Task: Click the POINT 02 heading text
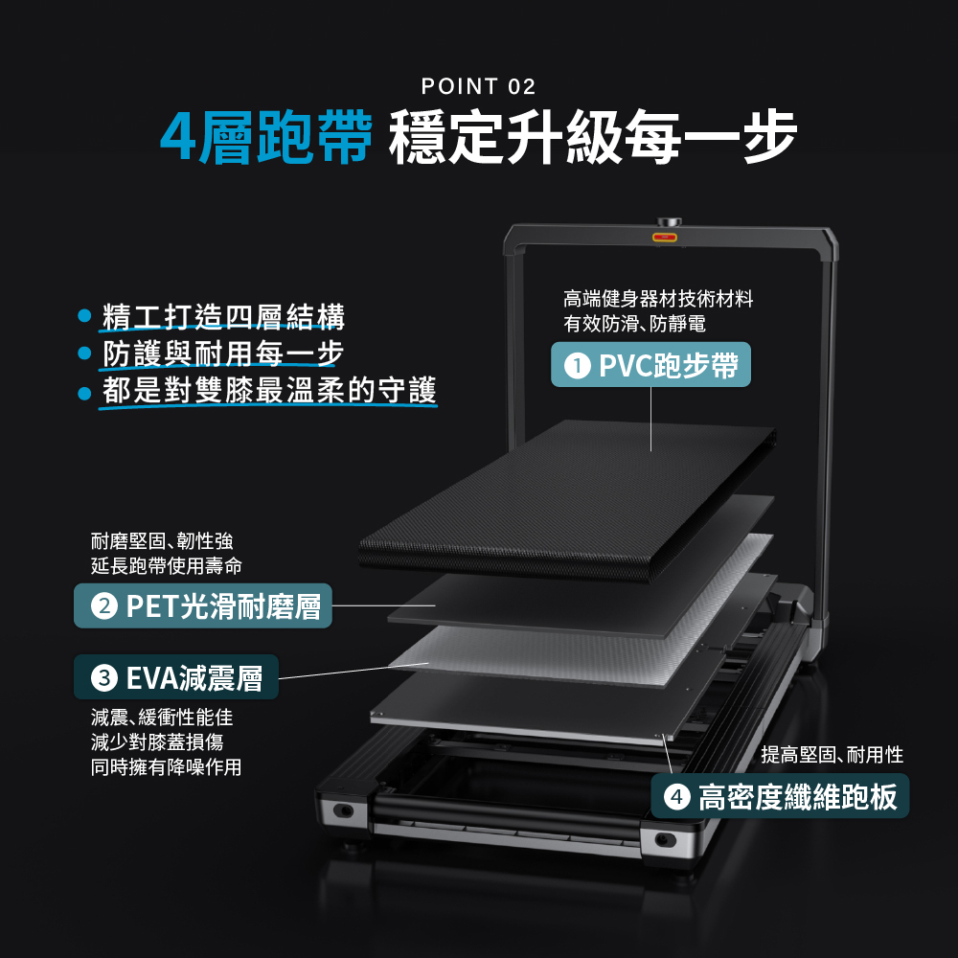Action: tap(478, 86)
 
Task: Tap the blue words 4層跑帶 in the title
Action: tap(266, 137)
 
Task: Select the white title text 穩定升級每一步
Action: tap(593, 137)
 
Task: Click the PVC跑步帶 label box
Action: tap(650, 365)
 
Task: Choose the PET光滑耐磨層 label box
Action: tap(203, 605)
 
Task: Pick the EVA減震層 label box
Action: tap(176, 677)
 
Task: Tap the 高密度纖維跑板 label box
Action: tap(780, 796)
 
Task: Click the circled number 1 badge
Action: tap(577, 365)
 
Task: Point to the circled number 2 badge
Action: tap(103, 606)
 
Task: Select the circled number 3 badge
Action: tap(103, 677)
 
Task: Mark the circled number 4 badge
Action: tap(676, 797)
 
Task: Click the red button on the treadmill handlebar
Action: tap(664, 237)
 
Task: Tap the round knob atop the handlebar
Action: tap(670, 222)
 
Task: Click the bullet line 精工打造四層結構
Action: tap(223, 316)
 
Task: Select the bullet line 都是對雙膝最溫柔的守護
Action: tap(269, 391)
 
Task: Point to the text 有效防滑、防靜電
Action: tap(634, 323)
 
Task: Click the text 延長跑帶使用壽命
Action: tap(166, 566)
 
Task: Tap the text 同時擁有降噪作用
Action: tap(166, 766)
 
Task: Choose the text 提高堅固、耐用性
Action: tap(833, 755)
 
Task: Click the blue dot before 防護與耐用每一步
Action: tap(85, 354)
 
